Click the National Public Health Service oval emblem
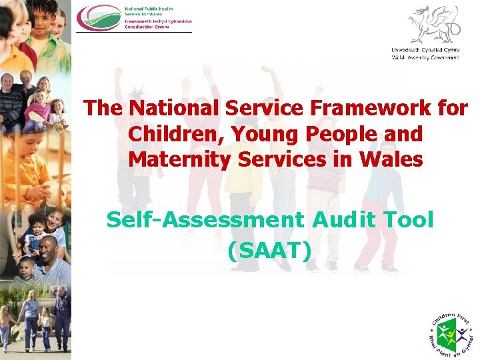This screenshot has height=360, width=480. tap(99, 17)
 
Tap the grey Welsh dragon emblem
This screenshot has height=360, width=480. tap(433, 24)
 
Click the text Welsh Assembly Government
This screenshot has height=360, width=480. tap(425, 57)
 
